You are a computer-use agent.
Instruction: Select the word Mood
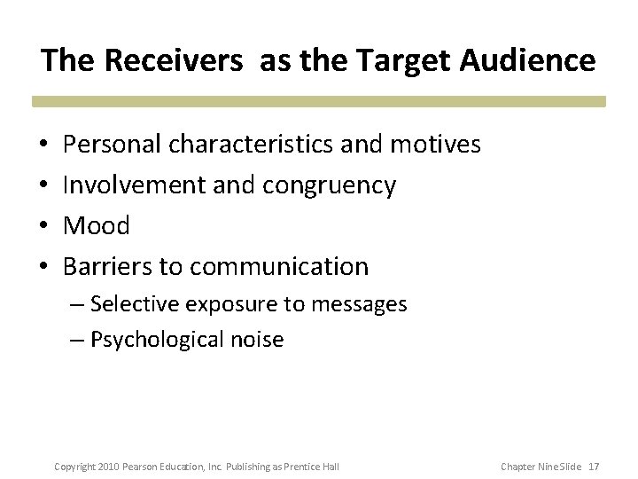coord(97,225)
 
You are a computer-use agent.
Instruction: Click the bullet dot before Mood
coord(43,226)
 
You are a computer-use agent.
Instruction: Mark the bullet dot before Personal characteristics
coord(43,145)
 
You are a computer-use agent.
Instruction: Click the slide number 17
coord(593,466)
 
